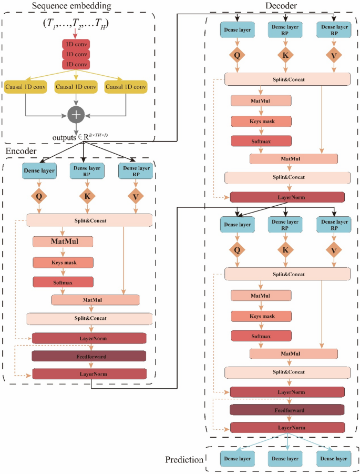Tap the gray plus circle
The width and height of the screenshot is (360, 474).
(77, 114)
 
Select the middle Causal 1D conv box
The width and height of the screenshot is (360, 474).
(77, 86)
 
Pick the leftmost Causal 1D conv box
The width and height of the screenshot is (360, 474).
(26, 86)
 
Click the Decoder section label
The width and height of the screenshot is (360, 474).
(282, 6)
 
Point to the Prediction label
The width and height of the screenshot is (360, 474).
(184, 459)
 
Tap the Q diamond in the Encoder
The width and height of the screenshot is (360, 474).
(38, 196)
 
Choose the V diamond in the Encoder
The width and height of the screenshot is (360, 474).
(136, 196)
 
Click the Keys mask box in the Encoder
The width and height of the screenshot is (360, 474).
(63, 262)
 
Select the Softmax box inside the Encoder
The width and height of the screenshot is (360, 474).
(63, 283)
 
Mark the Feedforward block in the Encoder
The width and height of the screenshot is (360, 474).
(88, 356)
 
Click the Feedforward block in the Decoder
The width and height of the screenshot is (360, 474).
(287, 409)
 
